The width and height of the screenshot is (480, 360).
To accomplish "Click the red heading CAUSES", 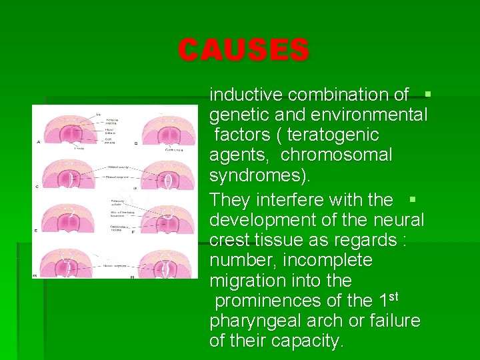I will [243, 50].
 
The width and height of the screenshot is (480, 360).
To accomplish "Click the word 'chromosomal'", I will [337, 155].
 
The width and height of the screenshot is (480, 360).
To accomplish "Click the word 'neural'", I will [400, 219].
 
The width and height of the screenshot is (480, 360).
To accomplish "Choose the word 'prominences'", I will [273, 301].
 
